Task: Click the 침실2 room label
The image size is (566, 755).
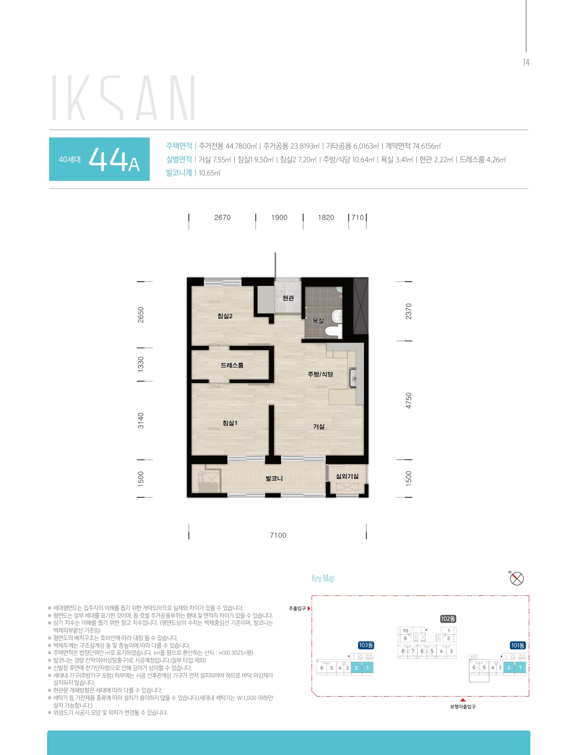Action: (x=225, y=316)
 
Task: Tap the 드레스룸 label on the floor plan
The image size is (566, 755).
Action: (x=232, y=365)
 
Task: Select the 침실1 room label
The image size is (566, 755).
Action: (x=230, y=423)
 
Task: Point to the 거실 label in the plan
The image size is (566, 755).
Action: (x=319, y=427)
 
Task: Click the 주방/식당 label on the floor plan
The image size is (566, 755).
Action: (x=320, y=374)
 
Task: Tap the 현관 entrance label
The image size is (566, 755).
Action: (x=288, y=298)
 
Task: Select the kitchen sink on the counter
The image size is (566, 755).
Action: (x=353, y=378)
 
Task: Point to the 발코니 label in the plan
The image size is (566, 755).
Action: (x=274, y=478)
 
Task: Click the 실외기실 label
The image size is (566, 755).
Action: (x=347, y=476)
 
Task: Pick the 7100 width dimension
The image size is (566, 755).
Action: (x=278, y=535)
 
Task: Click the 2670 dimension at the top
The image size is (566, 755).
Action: (x=222, y=217)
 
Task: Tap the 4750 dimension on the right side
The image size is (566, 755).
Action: (x=408, y=400)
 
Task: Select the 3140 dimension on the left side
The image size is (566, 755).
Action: (x=141, y=421)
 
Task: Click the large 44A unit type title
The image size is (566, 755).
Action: (x=114, y=159)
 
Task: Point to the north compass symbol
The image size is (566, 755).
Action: (x=517, y=578)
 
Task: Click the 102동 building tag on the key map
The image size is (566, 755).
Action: (x=448, y=619)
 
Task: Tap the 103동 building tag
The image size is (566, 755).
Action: (x=366, y=645)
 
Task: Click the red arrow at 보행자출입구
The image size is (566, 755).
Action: (x=463, y=700)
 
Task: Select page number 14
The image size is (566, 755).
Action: (x=526, y=62)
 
